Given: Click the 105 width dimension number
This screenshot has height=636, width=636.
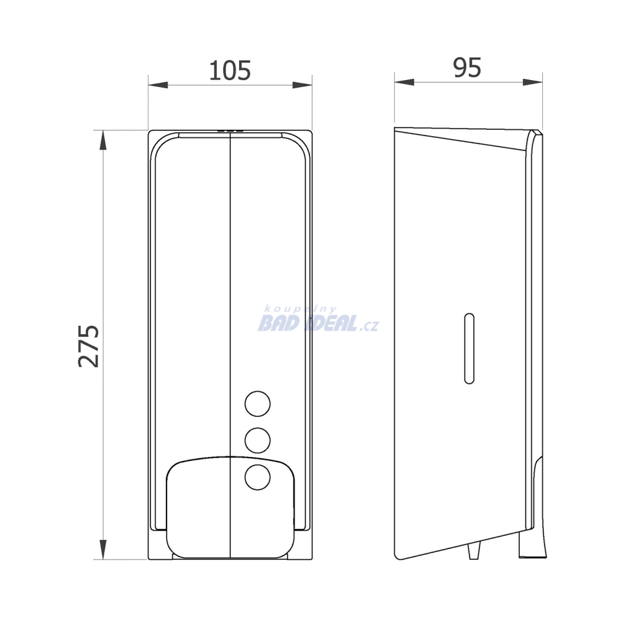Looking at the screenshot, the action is point(230,71).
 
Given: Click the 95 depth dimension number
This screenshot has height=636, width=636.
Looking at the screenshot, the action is point(467,67).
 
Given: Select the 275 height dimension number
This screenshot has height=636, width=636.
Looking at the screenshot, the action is point(89,346).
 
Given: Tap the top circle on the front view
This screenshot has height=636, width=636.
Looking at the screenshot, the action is point(258,404).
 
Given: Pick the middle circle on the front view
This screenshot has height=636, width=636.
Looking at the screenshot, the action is point(258,440).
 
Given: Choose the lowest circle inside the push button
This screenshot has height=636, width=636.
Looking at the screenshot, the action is point(258,478).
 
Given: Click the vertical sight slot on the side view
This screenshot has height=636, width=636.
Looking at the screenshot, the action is point(470,348).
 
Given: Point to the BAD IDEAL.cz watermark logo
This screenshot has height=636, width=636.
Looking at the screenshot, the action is point(318,319).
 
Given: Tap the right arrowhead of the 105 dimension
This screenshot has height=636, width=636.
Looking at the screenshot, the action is point(302,85).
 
